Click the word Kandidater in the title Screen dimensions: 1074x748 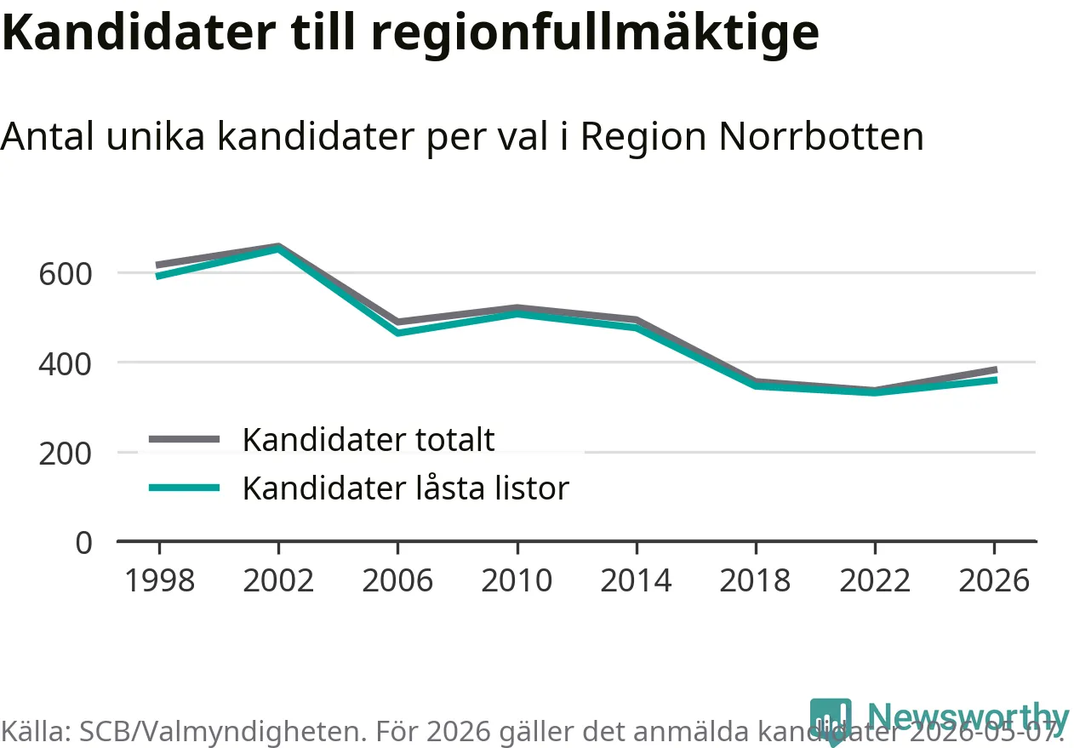pos(139,32)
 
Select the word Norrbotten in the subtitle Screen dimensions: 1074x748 pos(821,136)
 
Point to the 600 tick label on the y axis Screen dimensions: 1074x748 pos(65,275)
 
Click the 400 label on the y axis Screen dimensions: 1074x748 pos(65,364)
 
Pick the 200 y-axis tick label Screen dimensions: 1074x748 pos(65,454)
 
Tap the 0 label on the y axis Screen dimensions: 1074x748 pos(84,543)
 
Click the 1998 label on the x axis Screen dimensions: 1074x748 pos(160,580)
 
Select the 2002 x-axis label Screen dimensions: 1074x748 pos(278,580)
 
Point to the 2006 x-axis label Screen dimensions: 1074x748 pos(397,580)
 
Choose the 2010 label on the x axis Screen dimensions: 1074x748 pos(517,580)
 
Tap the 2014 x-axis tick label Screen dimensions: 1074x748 pos(637,580)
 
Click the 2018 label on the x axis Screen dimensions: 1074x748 pos(756,580)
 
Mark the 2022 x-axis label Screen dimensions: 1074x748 pos(875,580)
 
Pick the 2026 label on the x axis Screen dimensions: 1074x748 pos(994,580)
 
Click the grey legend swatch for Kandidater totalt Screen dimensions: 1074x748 pos(185,439)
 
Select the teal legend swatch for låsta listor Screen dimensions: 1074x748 pos(185,488)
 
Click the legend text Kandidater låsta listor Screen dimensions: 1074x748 pos(406,488)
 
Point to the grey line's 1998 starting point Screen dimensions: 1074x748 pos(158,266)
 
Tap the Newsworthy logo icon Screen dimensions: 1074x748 pos(831,719)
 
